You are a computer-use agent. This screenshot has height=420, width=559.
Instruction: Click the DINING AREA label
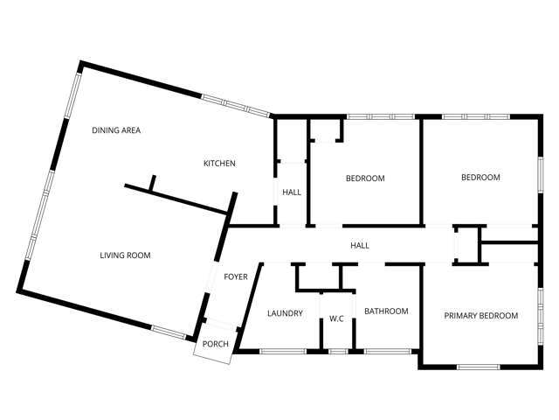116,130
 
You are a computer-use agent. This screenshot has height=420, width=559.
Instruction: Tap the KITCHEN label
219,164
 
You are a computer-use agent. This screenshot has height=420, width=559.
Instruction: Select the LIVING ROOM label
125,255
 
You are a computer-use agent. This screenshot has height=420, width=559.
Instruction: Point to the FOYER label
236,277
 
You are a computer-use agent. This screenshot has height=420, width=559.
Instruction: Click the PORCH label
215,344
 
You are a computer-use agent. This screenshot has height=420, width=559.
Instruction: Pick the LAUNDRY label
285,312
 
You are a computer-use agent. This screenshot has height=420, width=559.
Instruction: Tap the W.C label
336,318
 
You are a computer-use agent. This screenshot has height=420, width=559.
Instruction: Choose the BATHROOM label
386,311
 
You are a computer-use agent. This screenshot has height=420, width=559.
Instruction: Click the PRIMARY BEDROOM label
480,316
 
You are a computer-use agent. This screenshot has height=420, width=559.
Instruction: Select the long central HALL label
359,246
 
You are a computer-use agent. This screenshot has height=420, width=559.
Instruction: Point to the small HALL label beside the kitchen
291,192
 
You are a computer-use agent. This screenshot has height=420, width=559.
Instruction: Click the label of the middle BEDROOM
365,178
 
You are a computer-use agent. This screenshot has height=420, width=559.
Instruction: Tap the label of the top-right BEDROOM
480,178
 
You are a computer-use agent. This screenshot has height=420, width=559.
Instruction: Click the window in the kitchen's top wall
236,107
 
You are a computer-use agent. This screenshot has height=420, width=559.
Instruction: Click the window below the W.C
337,352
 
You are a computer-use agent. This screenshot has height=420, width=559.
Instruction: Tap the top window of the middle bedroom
380,116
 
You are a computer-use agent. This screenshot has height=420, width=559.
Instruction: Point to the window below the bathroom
387,352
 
